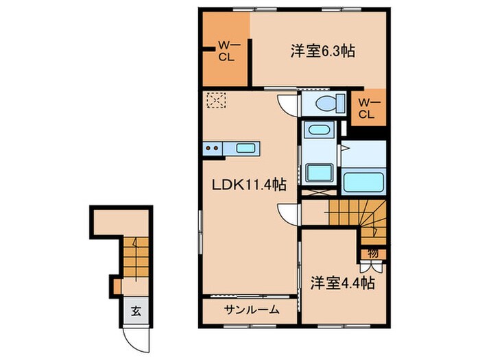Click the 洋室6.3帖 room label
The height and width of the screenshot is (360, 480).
pos(322,51)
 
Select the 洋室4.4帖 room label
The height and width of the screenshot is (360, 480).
pos(341,282)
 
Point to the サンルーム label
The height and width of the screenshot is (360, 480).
pos(251,310)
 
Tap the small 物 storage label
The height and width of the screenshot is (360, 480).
pos(372,252)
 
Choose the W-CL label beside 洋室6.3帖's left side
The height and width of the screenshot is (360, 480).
pos(226,51)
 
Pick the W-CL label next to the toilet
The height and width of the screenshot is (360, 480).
pos(367,108)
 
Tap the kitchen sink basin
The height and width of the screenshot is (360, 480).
pos(245,147)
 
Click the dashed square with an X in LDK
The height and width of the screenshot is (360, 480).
pos(217,100)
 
